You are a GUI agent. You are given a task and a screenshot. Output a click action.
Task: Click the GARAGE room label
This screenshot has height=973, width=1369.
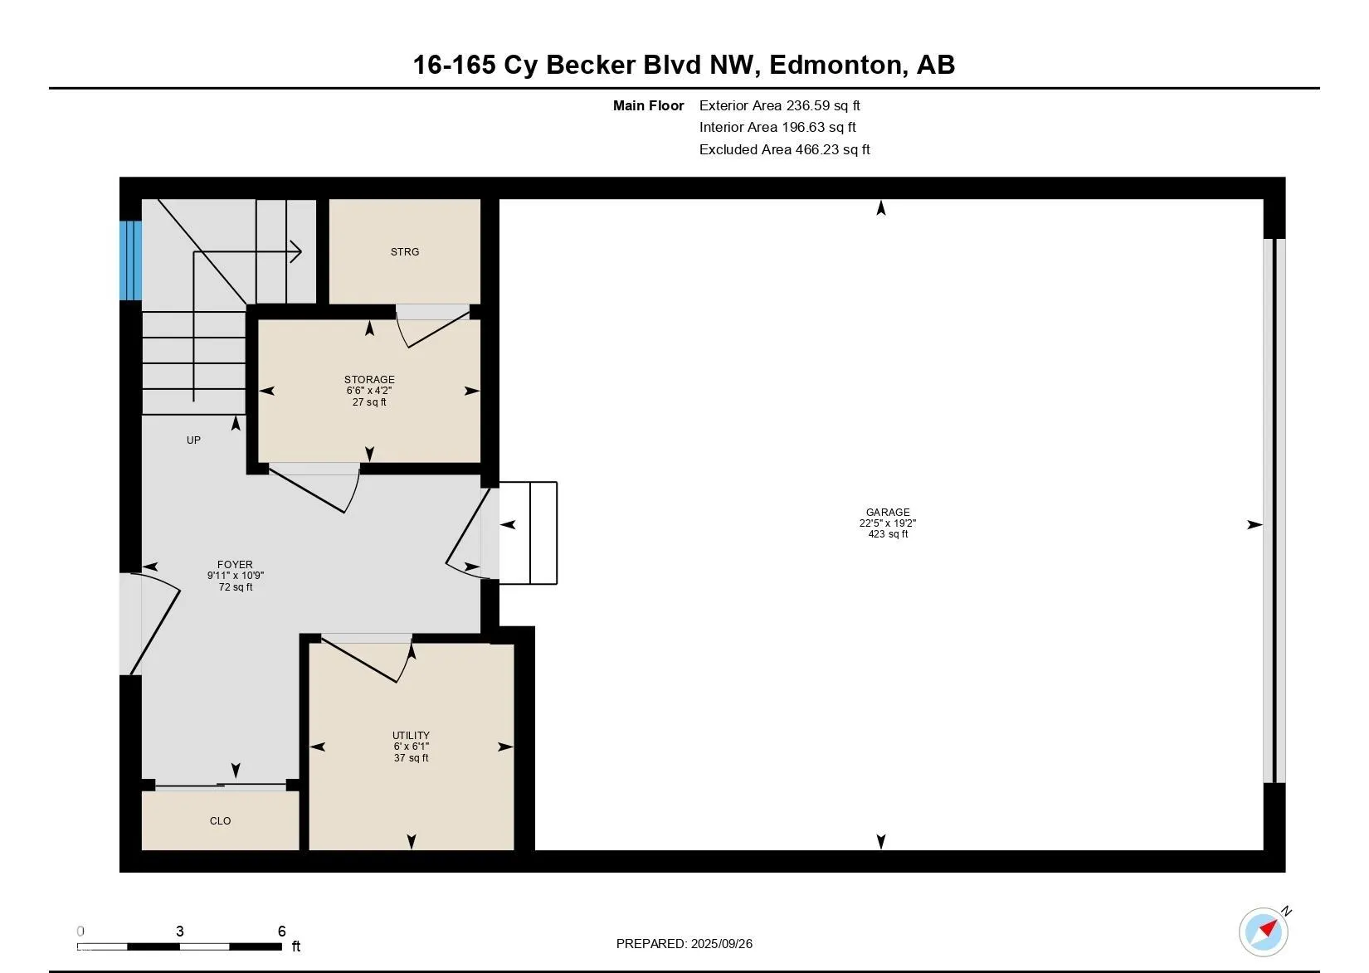888,512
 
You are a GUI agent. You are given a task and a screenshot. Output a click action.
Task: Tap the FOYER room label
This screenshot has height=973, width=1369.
235,565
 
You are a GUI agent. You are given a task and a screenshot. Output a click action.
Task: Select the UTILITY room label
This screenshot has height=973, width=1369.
411,735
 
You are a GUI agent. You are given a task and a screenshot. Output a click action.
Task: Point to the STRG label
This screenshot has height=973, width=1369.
405,252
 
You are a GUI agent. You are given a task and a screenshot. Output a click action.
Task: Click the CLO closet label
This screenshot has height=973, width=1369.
220,821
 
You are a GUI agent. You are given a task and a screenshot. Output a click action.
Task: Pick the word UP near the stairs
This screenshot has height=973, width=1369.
193,440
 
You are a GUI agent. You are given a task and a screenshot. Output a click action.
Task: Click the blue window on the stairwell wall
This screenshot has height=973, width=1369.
130,260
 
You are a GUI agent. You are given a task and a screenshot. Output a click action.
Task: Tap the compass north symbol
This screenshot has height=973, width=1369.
1264,932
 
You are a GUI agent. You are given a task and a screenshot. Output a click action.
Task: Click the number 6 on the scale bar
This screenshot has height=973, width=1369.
282,931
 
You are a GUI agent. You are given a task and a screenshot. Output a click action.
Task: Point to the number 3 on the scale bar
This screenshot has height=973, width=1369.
180,931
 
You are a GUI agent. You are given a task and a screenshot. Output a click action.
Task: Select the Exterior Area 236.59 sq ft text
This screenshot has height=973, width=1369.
779,105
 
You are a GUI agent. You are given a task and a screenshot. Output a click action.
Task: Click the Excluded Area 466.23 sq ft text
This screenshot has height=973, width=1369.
784,150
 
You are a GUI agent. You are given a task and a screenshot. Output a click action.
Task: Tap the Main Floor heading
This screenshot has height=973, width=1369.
649,105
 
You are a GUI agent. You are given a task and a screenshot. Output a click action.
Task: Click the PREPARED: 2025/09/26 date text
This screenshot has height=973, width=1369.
684,944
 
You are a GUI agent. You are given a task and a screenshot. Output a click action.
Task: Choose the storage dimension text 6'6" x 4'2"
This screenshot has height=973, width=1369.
369,391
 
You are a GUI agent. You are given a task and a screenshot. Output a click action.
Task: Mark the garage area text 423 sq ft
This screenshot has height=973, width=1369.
888,534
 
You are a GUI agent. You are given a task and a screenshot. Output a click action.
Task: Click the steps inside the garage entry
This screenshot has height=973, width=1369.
528,533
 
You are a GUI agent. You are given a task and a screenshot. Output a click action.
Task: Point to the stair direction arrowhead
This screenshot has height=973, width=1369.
296,251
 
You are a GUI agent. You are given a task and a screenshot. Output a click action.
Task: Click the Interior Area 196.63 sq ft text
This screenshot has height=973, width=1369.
777,127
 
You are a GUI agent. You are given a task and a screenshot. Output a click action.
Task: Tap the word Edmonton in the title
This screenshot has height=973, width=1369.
837,66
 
